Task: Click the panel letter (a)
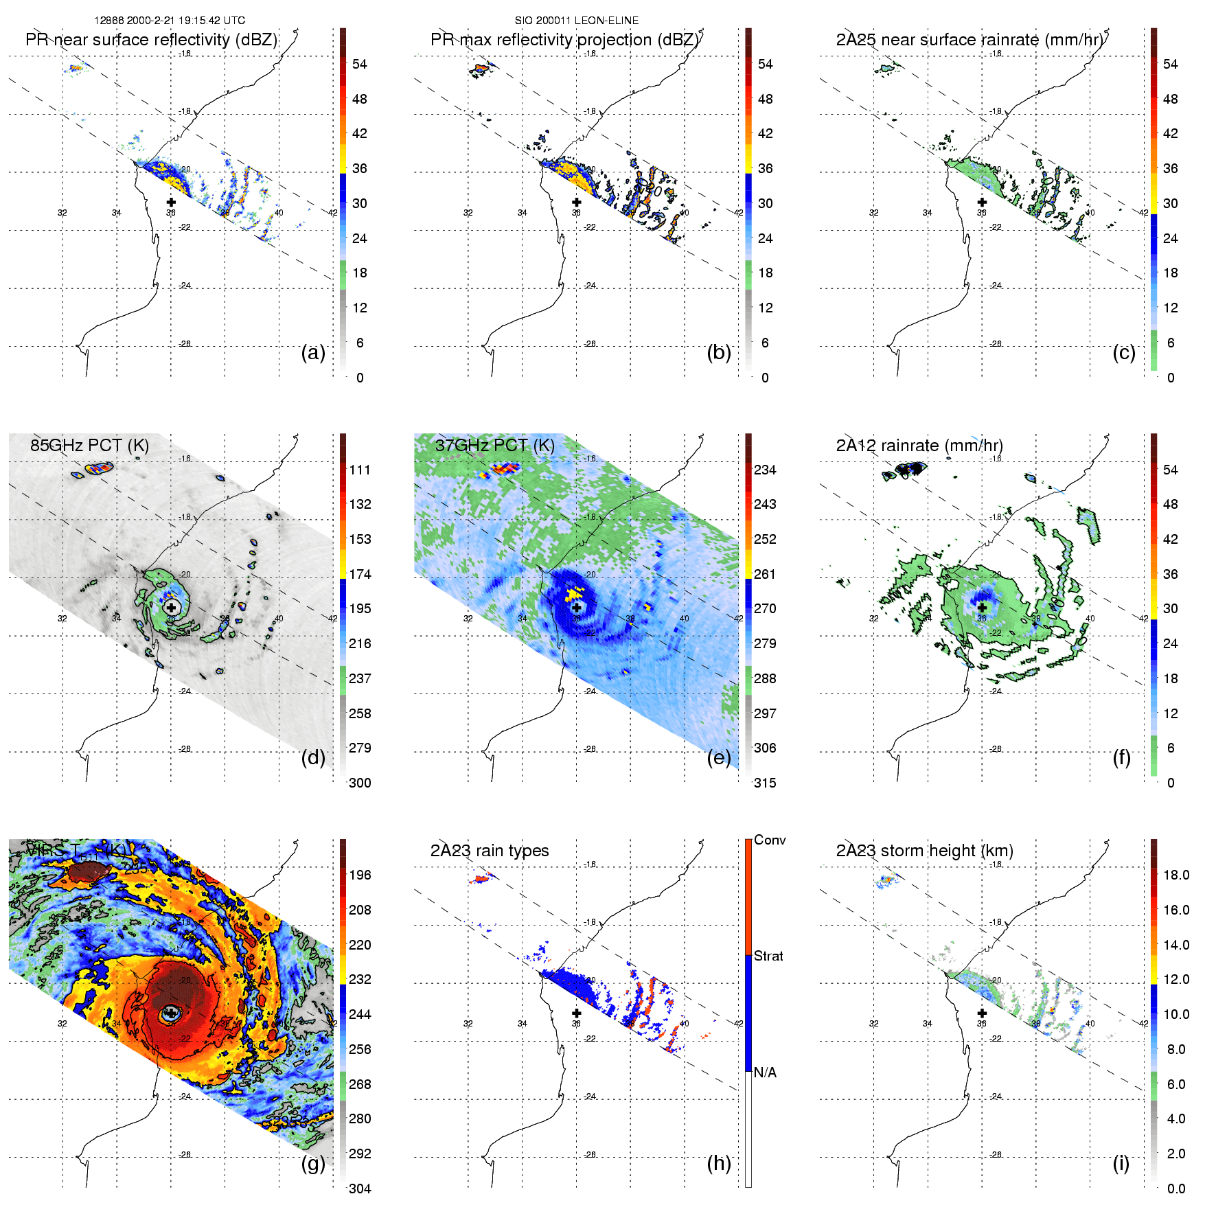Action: [312, 352]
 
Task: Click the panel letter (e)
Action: [718, 757]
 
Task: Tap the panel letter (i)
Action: [1121, 1163]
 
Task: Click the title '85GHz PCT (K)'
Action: [89, 445]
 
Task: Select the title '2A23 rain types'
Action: [489, 851]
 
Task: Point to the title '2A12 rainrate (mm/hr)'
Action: [919, 445]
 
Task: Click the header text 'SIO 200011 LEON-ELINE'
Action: [577, 21]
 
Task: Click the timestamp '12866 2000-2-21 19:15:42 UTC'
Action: [170, 21]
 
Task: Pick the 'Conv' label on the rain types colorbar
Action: [769, 840]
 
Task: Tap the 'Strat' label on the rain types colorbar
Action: [768, 956]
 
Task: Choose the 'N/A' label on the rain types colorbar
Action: [765, 1072]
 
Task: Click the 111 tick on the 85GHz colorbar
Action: [360, 470]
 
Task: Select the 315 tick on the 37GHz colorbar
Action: [765, 783]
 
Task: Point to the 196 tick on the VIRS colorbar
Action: [360, 875]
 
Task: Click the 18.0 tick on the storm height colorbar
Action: [1175, 875]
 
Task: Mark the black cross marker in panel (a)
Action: [171, 203]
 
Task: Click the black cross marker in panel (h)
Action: [577, 1013]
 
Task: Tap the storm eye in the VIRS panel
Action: [171, 1013]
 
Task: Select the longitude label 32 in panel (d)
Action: [62, 619]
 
